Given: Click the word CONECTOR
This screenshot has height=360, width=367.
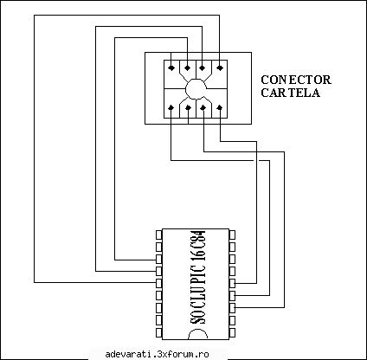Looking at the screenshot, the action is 296,80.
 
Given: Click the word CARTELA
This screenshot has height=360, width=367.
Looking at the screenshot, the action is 291,93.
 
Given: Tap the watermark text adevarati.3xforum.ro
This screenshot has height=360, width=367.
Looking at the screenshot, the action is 157,354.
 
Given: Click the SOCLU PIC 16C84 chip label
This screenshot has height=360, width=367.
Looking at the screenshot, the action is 198,277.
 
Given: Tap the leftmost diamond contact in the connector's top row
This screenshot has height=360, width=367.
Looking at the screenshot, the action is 171,68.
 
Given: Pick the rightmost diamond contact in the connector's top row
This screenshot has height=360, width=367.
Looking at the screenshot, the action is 220,68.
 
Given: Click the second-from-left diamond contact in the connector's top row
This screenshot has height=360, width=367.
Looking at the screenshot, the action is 188,68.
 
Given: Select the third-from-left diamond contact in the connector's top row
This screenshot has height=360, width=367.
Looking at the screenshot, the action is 203,68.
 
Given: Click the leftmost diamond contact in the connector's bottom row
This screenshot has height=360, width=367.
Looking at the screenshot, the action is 171,107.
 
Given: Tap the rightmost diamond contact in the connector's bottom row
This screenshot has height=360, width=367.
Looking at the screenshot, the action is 220,107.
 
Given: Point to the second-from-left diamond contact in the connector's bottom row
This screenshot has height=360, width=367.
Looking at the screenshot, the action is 188,108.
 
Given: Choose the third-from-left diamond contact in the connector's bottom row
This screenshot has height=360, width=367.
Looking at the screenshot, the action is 203,107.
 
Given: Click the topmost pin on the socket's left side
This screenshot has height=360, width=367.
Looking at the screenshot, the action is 158,235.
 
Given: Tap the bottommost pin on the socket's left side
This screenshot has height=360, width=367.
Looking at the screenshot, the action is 158,332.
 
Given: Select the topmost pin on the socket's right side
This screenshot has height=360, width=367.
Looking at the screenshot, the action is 232,235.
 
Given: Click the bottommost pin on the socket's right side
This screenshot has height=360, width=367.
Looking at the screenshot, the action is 232,332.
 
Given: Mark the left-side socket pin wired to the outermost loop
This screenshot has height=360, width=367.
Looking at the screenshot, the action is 158,283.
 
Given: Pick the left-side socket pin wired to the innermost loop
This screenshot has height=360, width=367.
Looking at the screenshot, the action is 158,259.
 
